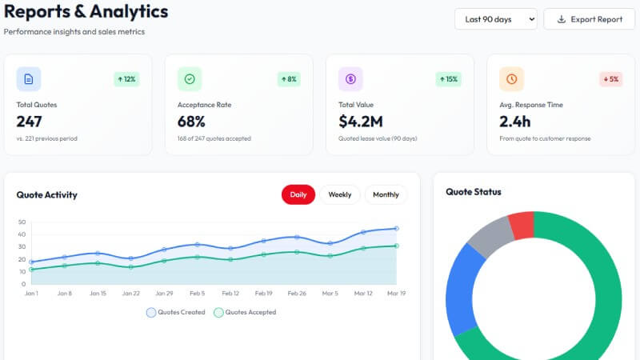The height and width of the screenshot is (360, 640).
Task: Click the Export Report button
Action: [589, 19]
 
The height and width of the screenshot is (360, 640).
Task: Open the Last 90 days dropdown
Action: [495, 19]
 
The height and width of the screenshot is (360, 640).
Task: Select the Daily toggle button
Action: [298, 194]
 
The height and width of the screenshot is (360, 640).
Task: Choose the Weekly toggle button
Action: [340, 194]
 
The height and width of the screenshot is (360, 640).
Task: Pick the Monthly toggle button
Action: [386, 194]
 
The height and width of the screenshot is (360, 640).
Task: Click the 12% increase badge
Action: [126, 79]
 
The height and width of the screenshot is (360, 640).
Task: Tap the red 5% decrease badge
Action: [610, 79]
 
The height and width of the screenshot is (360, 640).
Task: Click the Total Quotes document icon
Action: [29, 79]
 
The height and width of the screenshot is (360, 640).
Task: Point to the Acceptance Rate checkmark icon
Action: [190, 79]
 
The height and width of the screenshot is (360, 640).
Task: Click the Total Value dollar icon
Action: [350, 79]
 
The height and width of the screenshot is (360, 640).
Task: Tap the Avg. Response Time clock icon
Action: [511, 79]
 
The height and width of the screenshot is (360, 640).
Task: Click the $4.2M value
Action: [361, 122]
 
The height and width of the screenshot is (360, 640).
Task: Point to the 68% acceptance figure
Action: [191, 122]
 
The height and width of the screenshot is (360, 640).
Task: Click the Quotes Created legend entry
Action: [175, 312]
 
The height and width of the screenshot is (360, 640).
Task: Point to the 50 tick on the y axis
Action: [22, 222]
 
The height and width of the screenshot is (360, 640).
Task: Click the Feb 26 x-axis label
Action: [297, 294]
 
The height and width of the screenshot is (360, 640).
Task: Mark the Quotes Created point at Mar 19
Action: [396, 228]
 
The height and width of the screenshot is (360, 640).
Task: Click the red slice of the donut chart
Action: [522, 225]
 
